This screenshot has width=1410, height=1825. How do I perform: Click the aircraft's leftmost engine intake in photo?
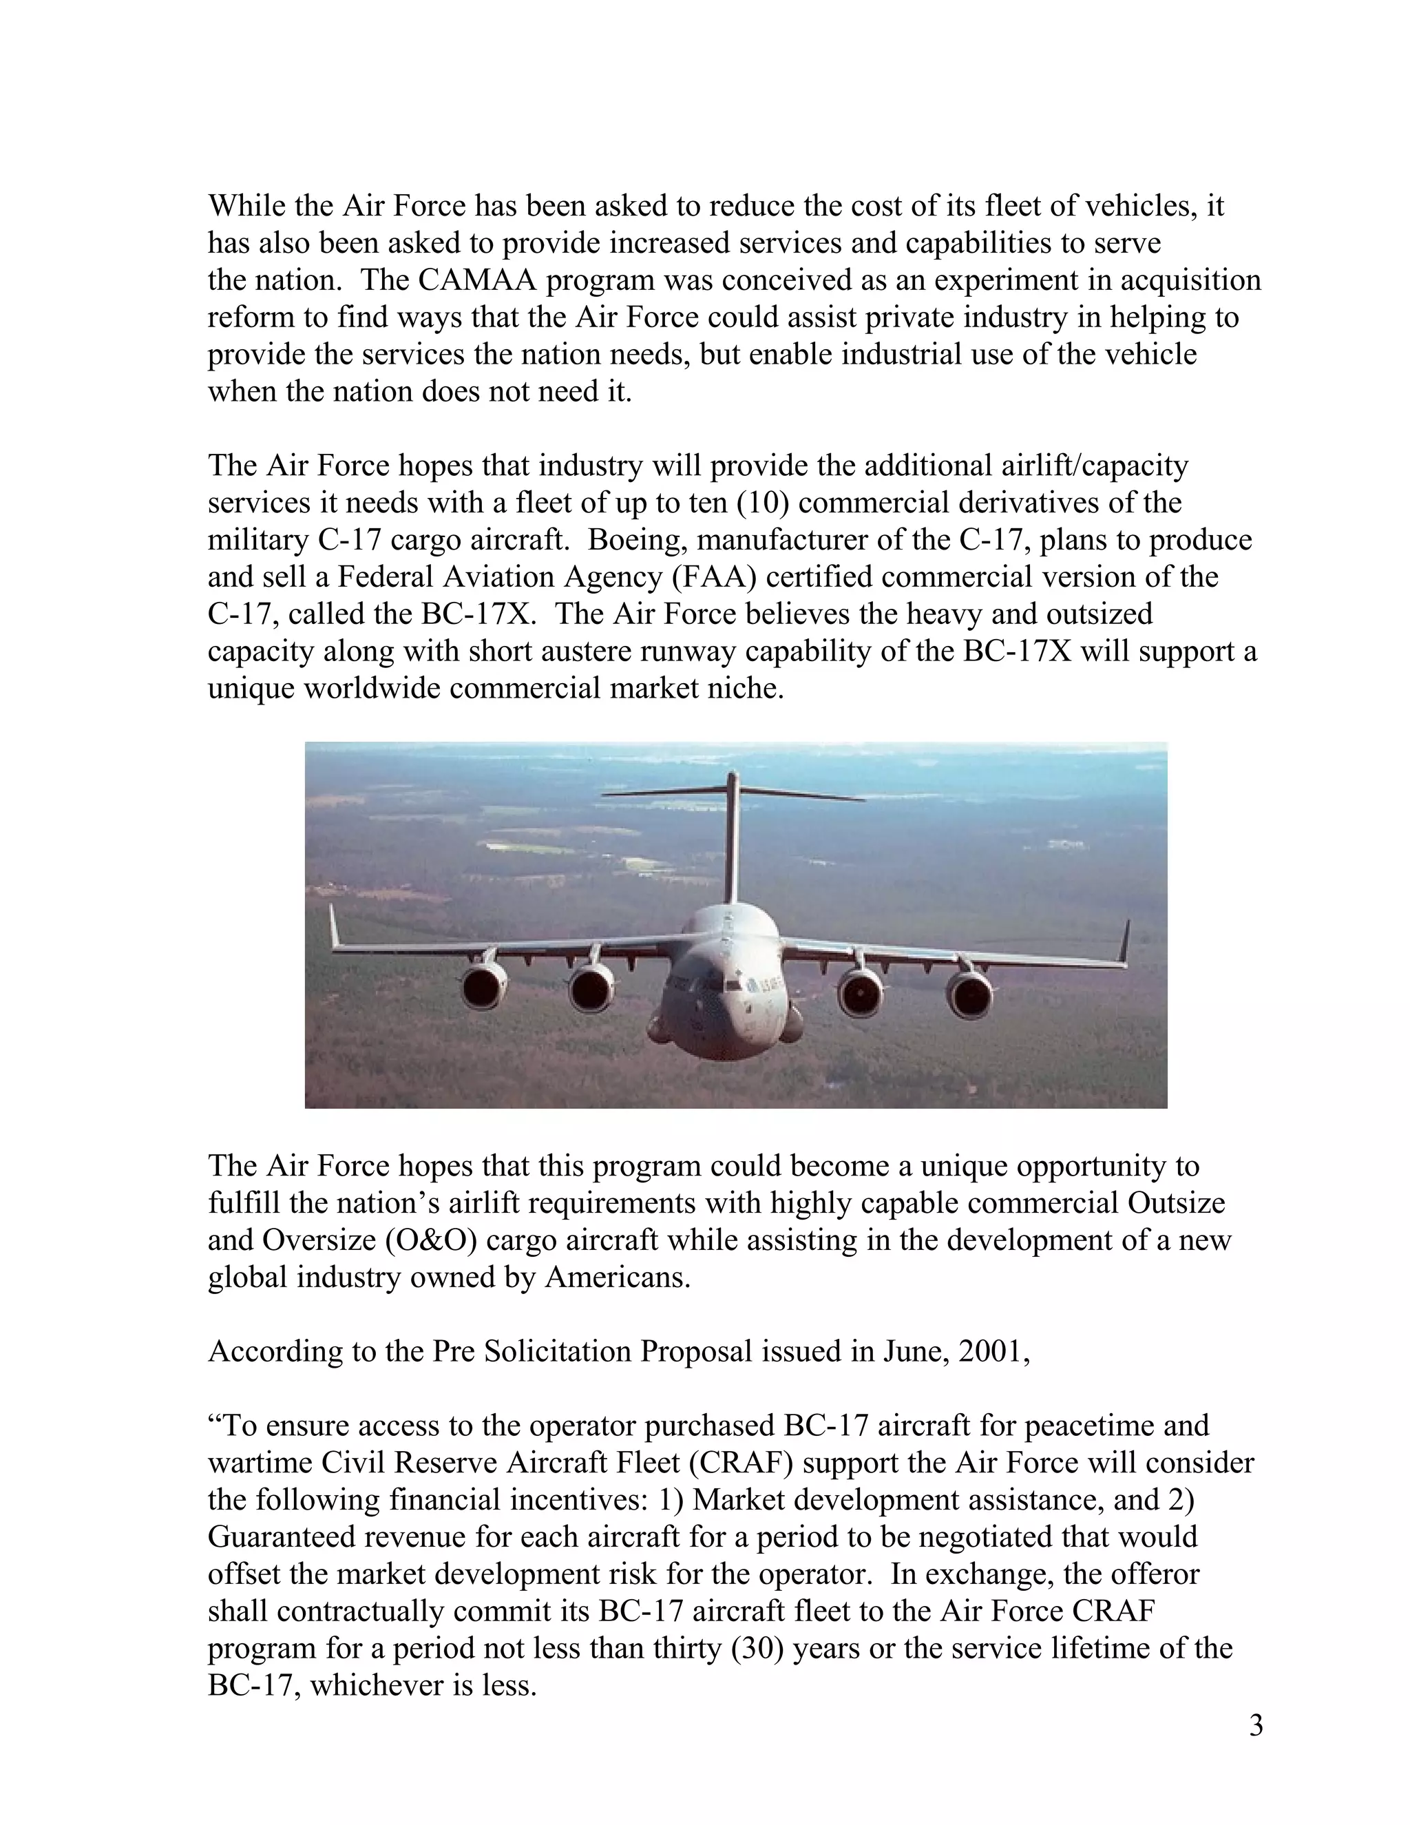pos(482,988)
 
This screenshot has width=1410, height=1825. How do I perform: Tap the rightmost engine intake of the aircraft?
pos(970,997)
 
